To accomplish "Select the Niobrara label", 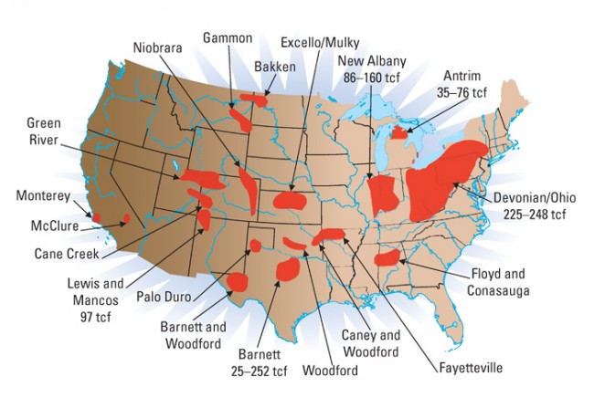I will (158, 47).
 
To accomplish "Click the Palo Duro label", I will (163, 296).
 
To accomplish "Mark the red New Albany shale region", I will (383, 195).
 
